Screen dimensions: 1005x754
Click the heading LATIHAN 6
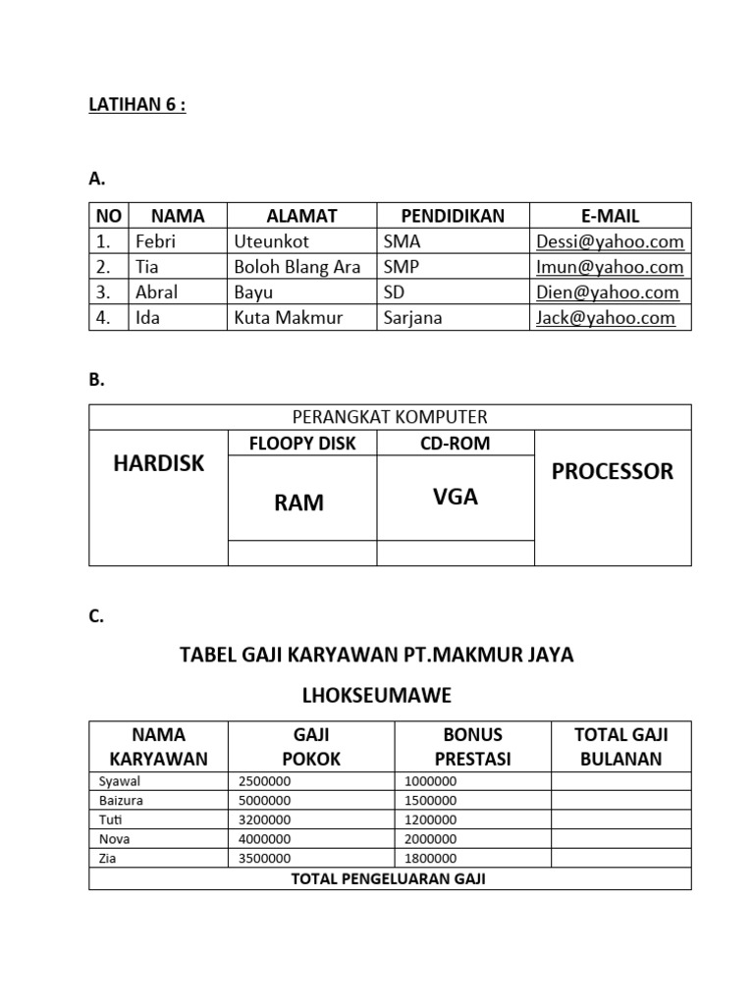pos(137,105)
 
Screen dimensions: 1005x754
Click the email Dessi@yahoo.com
pos(610,241)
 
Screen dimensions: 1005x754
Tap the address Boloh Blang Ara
pos(296,267)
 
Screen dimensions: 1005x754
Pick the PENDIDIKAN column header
pos(453,216)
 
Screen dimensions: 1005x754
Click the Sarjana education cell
pos(413,318)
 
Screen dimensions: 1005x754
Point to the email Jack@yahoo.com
pos(605,318)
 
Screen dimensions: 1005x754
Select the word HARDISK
pos(158,464)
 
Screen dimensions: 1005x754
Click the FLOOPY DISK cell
pos(301,444)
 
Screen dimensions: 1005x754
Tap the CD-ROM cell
pos(455,444)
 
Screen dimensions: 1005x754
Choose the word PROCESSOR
pos(613,472)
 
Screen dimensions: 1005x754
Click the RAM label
pos(298,503)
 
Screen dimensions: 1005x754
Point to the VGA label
pos(456,498)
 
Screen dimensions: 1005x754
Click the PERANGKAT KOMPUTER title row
pos(390,416)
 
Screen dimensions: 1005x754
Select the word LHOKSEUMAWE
pos(376,696)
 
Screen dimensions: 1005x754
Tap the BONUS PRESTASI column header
pos(472,747)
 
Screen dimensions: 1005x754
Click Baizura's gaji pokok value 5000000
pos(265,801)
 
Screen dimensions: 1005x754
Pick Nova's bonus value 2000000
pos(430,839)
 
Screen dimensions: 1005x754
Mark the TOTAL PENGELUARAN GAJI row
pos(389,879)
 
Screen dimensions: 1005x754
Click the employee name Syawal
pos(121,782)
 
